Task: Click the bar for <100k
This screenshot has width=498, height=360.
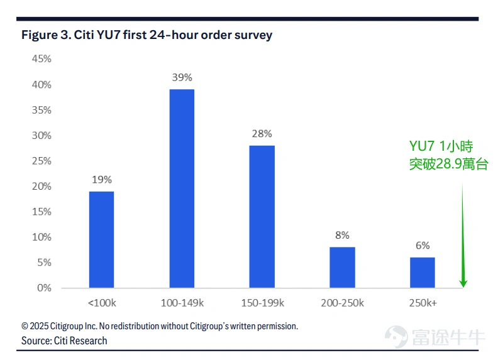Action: (101, 239)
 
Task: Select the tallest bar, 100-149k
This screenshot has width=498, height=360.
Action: (182, 188)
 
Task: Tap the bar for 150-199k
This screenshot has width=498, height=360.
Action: (262, 217)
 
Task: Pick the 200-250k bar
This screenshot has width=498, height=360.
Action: (342, 268)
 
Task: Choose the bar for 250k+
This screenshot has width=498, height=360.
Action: (423, 273)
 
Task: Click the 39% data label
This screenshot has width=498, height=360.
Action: (182, 77)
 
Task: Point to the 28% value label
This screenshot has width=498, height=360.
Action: (262, 134)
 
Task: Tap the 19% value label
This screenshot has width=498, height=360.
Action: (102, 180)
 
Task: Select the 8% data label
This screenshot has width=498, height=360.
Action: (342, 235)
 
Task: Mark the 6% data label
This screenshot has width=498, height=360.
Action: (423, 246)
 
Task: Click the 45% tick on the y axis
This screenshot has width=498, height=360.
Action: (41, 58)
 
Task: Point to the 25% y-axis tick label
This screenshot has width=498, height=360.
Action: (41, 161)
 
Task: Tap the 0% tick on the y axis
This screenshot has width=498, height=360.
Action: (44, 288)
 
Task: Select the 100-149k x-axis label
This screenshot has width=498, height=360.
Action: (182, 303)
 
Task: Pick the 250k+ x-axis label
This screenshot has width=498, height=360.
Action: (423, 303)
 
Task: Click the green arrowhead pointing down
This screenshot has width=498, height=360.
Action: (463, 281)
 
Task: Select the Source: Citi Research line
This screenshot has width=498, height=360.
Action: (64, 341)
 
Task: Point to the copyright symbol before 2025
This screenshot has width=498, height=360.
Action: (25, 326)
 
